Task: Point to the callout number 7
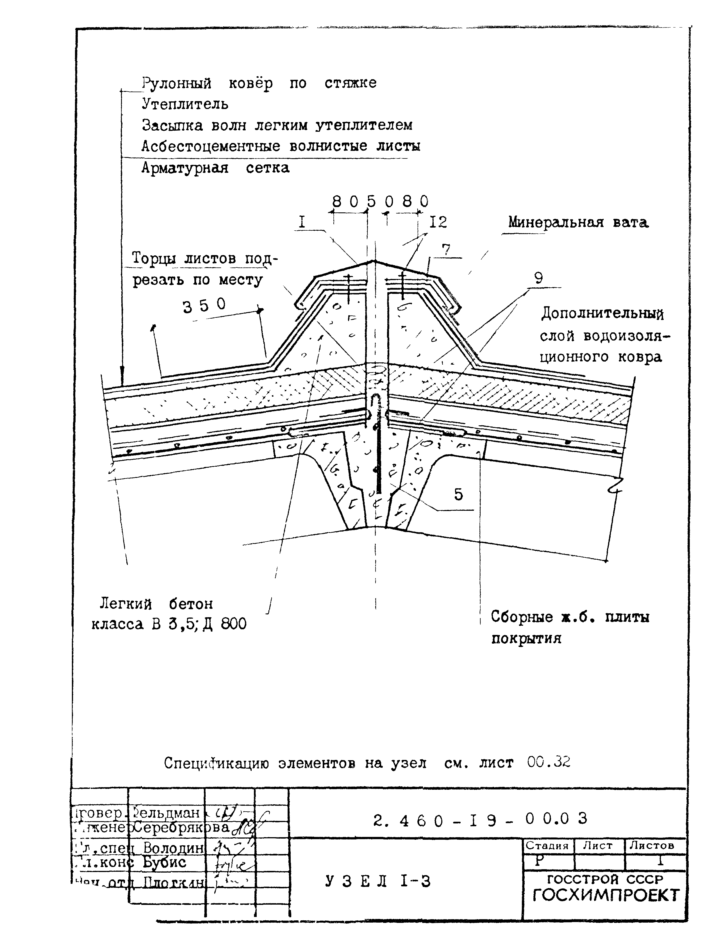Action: point(446,250)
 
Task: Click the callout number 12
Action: point(438,222)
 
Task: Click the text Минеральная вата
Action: point(578,222)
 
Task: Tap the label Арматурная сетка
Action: point(215,168)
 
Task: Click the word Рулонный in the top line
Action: point(176,83)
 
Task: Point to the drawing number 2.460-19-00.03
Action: point(479,819)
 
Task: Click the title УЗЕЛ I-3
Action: point(377,881)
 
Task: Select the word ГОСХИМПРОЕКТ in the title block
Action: point(606,895)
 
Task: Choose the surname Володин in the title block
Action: point(173,848)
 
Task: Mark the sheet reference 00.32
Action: point(549,762)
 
